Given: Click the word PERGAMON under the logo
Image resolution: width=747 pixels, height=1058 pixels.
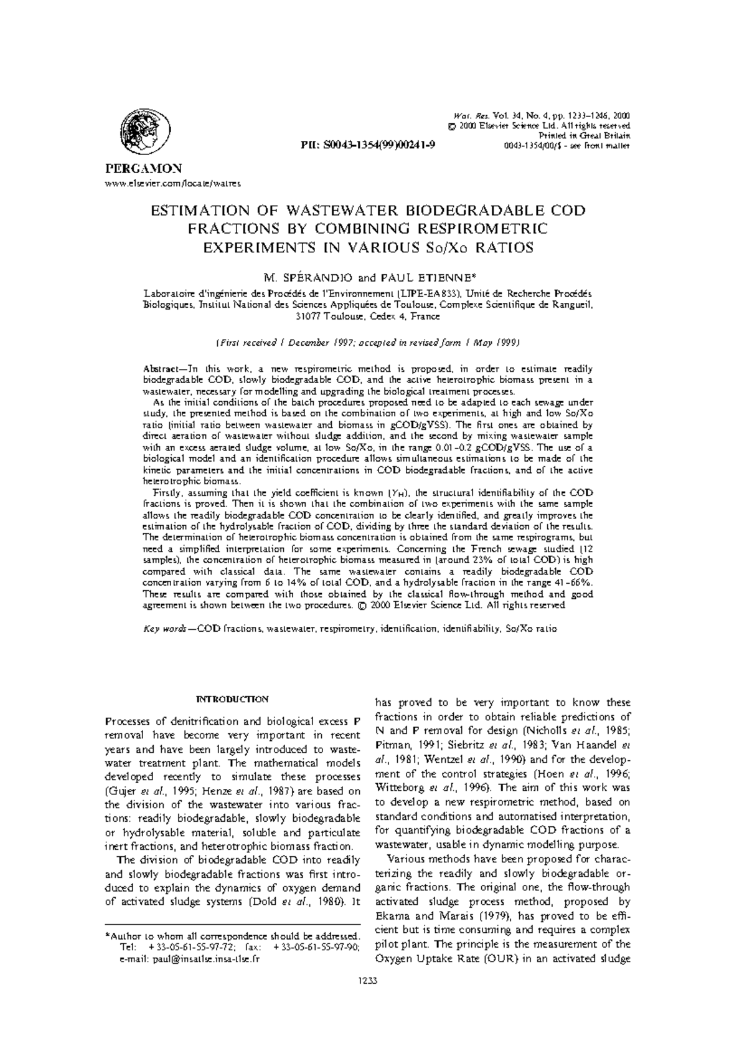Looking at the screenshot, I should pyautogui.click(x=138, y=168).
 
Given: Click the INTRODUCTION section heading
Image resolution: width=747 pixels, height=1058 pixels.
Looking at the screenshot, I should pyautogui.click(x=232, y=699).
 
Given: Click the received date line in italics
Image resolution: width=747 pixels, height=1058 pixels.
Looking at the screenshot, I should pyautogui.click(x=368, y=343).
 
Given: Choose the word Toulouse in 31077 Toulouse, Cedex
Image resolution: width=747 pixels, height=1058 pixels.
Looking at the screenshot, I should pyautogui.click(x=342, y=316).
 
